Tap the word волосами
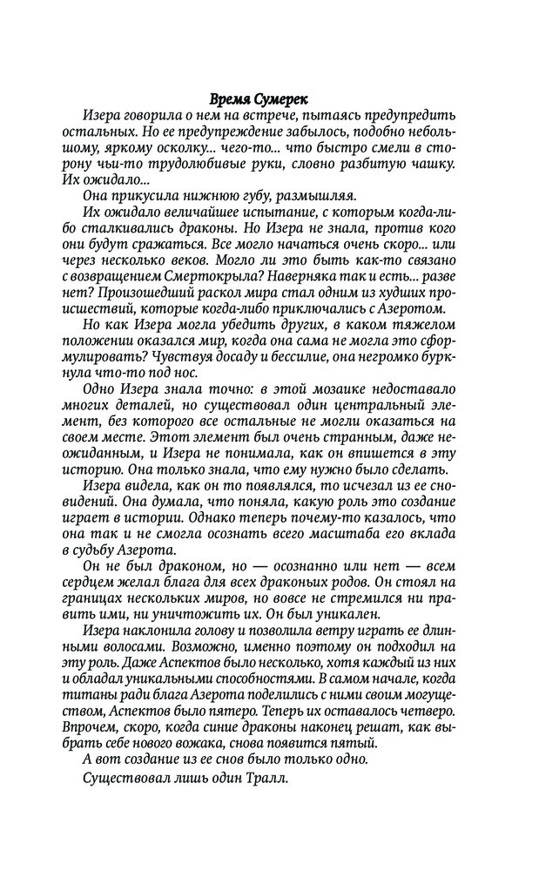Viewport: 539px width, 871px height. pyautogui.click(x=120, y=646)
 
